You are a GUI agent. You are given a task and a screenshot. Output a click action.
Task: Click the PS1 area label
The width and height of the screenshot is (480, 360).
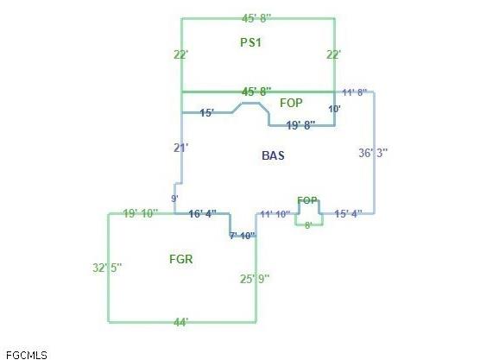pos(250,42)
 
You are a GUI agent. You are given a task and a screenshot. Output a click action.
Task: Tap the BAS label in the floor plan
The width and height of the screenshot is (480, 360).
pos(273,155)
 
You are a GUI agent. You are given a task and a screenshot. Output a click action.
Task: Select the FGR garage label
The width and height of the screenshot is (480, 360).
pos(181,259)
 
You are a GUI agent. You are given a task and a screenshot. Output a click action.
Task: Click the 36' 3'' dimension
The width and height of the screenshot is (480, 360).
pos(373,153)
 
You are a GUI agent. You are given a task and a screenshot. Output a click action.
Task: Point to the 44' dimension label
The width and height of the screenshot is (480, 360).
pos(181,322)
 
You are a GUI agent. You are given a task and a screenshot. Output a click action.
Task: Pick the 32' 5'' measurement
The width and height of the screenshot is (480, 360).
pos(107,268)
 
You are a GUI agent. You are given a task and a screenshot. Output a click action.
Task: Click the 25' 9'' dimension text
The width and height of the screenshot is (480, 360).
pos(255,279)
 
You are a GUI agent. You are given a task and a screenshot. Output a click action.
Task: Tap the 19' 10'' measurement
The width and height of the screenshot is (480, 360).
pos(141,213)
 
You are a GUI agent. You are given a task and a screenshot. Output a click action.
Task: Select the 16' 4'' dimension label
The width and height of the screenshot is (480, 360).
pos(203,213)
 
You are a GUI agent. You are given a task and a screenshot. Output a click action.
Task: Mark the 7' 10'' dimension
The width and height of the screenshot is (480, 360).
pos(242,236)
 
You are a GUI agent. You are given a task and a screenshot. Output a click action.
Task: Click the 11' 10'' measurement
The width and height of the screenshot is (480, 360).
pos(275,214)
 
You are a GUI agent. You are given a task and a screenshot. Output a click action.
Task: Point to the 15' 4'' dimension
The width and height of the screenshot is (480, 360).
pos(348,214)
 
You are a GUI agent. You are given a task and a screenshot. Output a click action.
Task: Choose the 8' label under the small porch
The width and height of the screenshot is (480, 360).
pos(308,225)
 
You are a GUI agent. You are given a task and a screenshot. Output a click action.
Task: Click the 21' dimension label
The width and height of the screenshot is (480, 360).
pos(181,148)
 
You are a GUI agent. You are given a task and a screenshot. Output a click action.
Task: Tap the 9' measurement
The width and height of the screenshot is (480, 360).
pos(174,199)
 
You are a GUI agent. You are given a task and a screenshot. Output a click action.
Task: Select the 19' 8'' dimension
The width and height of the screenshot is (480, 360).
pos(300,125)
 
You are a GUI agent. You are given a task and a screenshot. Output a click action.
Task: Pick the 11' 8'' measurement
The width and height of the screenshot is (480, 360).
pos(354,92)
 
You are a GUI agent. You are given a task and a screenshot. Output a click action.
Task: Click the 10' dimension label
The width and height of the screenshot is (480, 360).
pos(334,109)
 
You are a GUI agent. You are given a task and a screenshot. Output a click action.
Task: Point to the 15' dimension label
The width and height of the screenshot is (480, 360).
pos(207,112)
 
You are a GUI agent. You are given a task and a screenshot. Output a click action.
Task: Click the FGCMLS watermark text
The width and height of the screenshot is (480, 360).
pos(26,355)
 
